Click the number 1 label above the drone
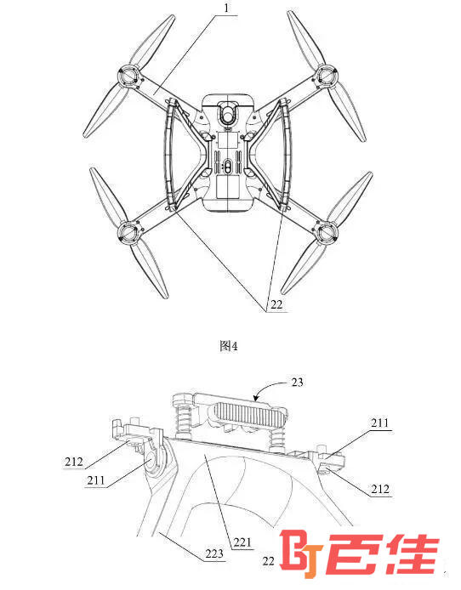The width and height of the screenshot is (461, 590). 225,8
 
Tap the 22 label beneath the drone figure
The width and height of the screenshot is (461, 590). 276,304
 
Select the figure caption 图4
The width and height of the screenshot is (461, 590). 229,346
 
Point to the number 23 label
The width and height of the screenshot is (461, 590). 298,383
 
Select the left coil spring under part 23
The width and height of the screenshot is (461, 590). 183,421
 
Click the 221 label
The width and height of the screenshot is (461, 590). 242,542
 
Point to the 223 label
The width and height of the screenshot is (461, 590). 214,553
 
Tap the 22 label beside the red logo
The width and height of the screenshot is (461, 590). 268,561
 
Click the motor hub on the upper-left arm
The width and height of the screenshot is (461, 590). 129,77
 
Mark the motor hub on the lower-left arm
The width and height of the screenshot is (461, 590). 129,233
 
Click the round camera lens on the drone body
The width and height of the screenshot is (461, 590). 228,116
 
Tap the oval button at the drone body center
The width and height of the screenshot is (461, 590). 228,167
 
